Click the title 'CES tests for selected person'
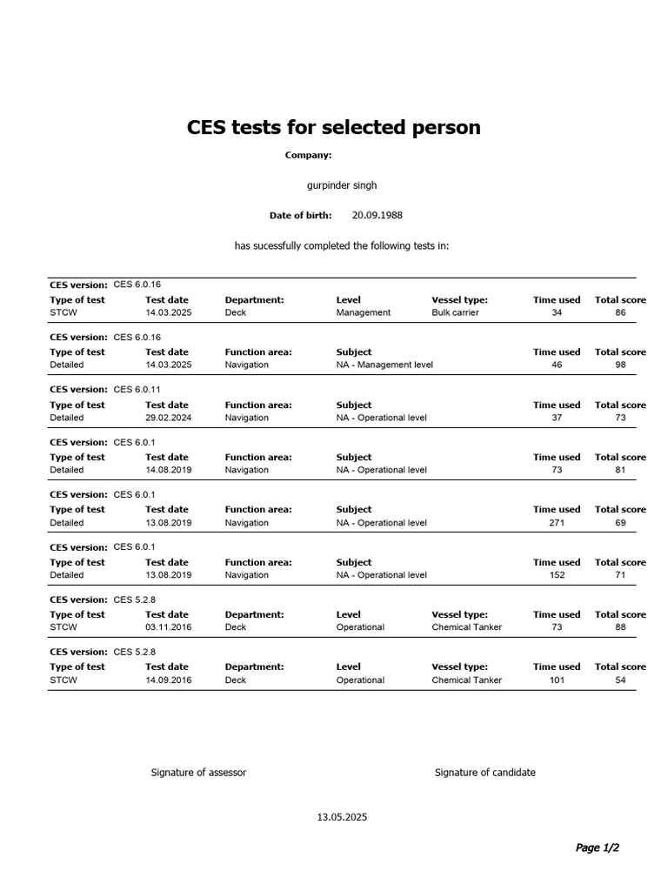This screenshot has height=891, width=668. point(333,127)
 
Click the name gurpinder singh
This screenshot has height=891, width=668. point(342,185)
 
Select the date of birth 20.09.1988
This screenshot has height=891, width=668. point(377,215)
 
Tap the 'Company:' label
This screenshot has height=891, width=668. point(308,155)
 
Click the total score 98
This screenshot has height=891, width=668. point(620,365)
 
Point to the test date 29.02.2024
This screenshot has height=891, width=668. point(169,418)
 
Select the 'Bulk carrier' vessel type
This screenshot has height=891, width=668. point(455,312)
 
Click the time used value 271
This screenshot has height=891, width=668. point(557,522)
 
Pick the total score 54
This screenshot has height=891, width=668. point(620,680)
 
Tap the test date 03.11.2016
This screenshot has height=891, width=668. point(169,626)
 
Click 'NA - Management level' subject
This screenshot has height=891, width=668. point(384,365)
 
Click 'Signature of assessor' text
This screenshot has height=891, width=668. point(198,773)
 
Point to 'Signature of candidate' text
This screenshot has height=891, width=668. point(485,773)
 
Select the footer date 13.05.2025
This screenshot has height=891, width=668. point(342,817)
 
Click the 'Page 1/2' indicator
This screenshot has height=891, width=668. point(598,847)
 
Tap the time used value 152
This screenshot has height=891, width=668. point(557,574)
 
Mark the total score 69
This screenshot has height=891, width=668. point(620,522)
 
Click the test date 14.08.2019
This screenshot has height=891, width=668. point(169,470)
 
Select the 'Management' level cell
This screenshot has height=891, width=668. point(364,312)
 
